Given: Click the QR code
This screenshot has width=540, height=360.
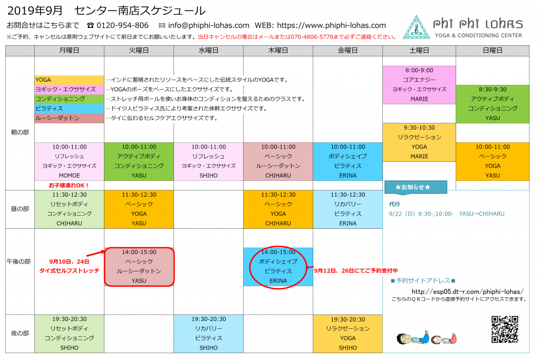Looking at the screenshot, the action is (x=505, y=329).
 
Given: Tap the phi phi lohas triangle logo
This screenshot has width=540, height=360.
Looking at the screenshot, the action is (x=417, y=27).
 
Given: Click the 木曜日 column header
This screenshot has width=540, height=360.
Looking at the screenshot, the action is (x=278, y=51).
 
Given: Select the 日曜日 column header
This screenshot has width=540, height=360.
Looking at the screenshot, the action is (x=493, y=51).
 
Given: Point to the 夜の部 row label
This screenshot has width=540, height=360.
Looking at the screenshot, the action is (x=20, y=333).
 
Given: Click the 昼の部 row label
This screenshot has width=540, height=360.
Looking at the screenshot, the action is (x=20, y=209).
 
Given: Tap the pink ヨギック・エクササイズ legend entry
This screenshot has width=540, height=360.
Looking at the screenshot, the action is (x=69, y=90).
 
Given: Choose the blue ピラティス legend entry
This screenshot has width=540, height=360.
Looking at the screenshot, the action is (x=69, y=109).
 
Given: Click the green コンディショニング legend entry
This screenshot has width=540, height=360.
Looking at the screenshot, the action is (x=69, y=99).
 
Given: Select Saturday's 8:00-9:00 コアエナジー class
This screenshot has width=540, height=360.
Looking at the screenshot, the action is (x=419, y=85).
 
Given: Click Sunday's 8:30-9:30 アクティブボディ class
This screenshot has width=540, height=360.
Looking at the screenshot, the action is (x=493, y=104).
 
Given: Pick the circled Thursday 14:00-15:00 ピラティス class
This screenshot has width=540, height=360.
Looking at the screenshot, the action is (x=278, y=267).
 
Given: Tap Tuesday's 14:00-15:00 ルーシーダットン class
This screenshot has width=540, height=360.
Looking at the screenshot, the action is (x=139, y=267).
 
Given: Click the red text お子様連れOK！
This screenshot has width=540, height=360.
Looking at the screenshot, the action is (x=69, y=186).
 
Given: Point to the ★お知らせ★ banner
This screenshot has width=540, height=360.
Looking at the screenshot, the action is (x=416, y=187).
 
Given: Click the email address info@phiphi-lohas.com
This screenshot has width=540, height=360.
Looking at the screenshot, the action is (x=209, y=25).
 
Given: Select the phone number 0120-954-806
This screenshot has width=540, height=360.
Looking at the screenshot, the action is (x=122, y=25).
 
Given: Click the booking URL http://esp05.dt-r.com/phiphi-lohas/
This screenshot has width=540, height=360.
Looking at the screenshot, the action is (x=468, y=291).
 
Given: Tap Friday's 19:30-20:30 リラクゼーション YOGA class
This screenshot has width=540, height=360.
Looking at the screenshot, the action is (x=348, y=334).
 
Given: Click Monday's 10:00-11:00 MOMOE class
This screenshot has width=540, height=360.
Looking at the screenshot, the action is (x=69, y=161).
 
